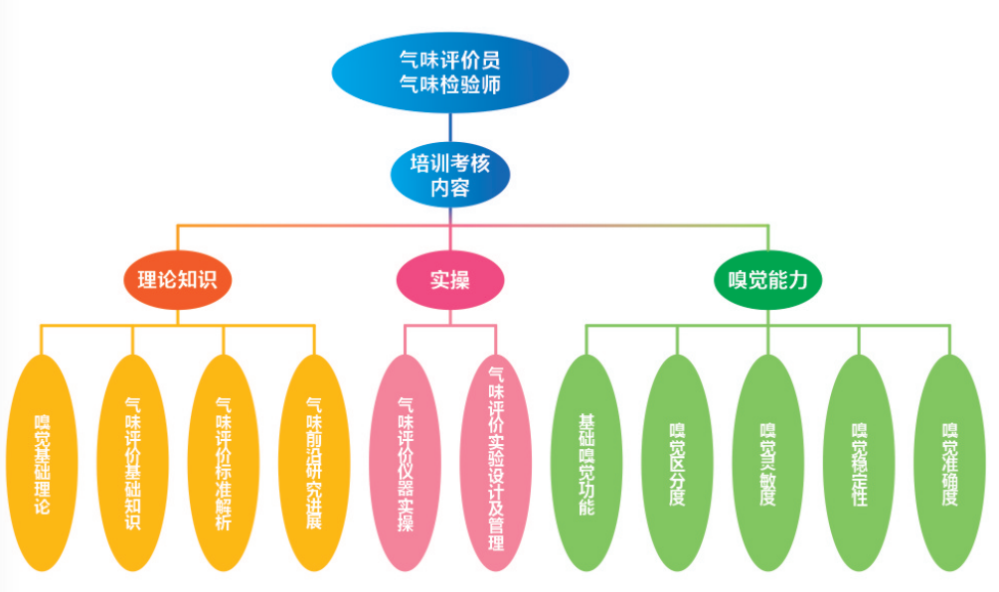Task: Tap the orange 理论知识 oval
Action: [178, 280]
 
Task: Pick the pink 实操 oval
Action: [449, 280]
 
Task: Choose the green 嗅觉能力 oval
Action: [768, 280]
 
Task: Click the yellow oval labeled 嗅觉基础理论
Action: [42, 463]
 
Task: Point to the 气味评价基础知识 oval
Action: [132, 463]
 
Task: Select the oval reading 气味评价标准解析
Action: [223, 463]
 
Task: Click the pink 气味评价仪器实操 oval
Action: [405, 463]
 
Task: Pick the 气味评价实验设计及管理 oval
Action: [496, 463]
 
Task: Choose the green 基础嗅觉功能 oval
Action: [586, 463]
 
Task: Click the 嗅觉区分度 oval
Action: [678, 463]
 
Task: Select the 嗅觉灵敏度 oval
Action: [768, 463]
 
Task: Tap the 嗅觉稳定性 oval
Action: [859, 463]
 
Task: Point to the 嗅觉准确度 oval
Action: [949, 463]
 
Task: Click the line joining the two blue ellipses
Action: [450, 126]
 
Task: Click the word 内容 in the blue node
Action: [450, 188]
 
